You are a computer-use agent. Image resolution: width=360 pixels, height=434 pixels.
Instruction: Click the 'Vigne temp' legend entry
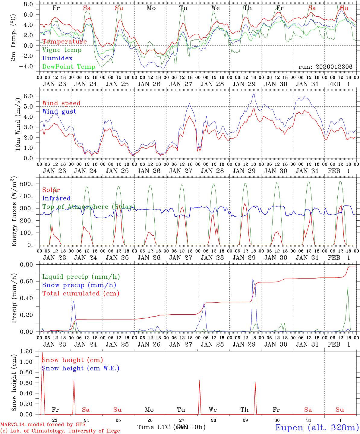pyautogui.click(x=62, y=50)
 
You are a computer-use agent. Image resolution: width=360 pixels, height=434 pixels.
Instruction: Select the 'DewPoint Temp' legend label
pyautogui.click(x=69, y=67)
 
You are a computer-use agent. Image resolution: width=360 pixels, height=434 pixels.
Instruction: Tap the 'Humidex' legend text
pyautogui.click(x=57, y=58)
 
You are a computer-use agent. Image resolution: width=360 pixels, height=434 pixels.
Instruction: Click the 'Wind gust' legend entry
pyautogui.click(x=59, y=112)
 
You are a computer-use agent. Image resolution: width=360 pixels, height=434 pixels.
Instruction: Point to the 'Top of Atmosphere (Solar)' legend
pyautogui.click(x=89, y=207)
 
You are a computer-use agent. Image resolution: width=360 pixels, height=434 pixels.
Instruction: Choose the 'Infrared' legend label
pyautogui.click(x=56, y=198)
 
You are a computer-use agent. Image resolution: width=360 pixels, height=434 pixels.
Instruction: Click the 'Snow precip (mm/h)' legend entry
pyautogui.click(x=79, y=285)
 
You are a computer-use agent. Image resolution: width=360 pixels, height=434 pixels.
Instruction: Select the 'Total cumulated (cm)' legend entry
pyautogui.click(x=81, y=293)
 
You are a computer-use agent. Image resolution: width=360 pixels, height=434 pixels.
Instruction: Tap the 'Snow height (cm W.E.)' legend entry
pyautogui.click(x=80, y=368)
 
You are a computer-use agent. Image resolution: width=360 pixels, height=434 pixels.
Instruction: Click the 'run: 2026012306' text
pyautogui.click(x=325, y=67)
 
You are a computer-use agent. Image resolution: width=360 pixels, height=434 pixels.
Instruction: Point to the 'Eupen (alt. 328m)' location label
pyautogui.click(x=317, y=427)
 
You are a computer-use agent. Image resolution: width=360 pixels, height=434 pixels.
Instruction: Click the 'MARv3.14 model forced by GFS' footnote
pyautogui.click(x=43, y=424)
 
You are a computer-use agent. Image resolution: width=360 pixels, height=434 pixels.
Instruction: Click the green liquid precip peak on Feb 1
pyautogui.click(x=348, y=288)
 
